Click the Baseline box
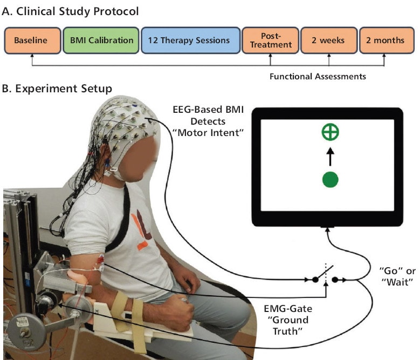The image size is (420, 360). click(32, 40)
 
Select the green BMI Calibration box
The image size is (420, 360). click(101, 40)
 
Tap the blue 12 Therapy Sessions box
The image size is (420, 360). click(190, 40)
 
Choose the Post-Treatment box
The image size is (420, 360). click(270, 40)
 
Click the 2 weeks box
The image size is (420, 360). click(329, 40)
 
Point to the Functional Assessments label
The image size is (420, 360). click(318, 77)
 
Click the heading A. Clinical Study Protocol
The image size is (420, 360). click(70, 11)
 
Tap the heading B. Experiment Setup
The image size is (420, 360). click(57, 89)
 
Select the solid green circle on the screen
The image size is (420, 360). click(331, 179)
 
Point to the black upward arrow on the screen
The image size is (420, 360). click(331, 157)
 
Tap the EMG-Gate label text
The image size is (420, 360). click(288, 309)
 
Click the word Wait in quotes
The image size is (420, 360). click(398, 282)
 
